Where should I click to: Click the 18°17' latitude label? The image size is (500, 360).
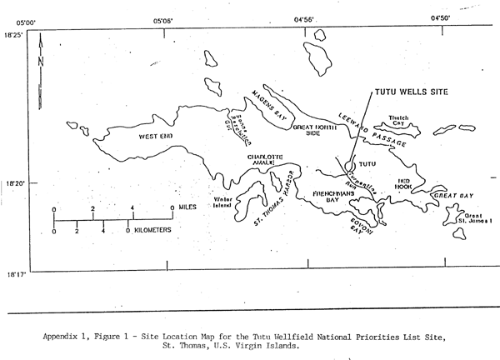pyautogui.click(x=16, y=272)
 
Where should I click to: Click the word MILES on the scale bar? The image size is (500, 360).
pyautogui.click(x=188, y=208)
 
